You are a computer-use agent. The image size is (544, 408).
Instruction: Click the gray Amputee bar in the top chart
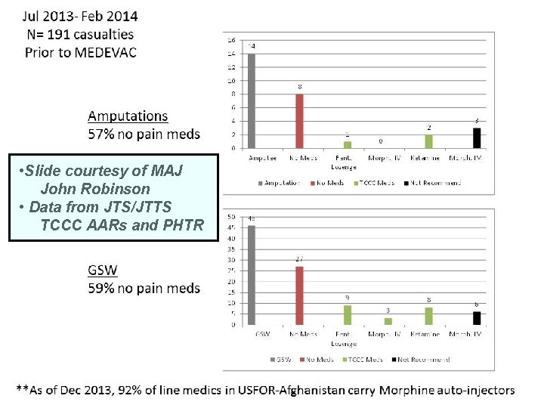point(252,100)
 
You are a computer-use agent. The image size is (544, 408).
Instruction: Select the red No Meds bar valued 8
point(299,121)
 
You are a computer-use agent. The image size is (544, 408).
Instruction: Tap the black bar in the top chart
point(476,138)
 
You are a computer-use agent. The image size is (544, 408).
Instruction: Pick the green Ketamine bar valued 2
point(429,141)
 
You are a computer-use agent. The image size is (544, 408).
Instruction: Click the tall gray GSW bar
point(252,274)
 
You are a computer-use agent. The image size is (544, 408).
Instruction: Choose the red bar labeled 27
point(299,295)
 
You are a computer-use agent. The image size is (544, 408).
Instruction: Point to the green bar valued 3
point(388,321)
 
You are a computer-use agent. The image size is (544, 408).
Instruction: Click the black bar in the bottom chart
point(476,318)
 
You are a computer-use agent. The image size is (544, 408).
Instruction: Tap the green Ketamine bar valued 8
point(429,316)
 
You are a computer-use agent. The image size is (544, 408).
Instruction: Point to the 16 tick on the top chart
point(231,39)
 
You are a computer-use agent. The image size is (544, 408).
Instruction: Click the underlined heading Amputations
point(128,116)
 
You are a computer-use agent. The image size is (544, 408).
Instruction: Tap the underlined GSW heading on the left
point(103,270)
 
